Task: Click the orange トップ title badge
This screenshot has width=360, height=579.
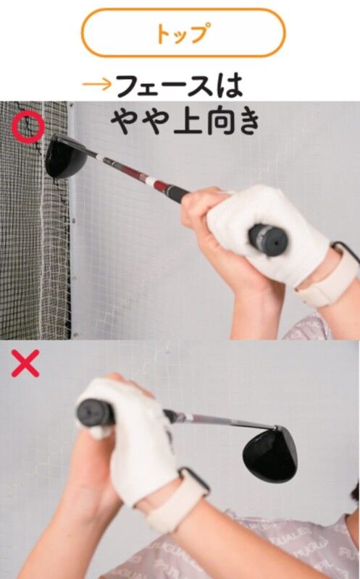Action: click(x=183, y=33)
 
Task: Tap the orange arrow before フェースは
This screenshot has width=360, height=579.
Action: click(x=97, y=84)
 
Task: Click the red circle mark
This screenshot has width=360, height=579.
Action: click(x=28, y=127)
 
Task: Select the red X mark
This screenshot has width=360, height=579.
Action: click(x=25, y=363)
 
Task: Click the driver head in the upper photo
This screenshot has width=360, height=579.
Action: click(x=66, y=157)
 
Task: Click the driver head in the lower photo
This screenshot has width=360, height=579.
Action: click(x=270, y=455)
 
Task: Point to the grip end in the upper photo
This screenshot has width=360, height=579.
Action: click(x=269, y=240)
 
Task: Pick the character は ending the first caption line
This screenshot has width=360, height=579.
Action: click(x=230, y=85)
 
